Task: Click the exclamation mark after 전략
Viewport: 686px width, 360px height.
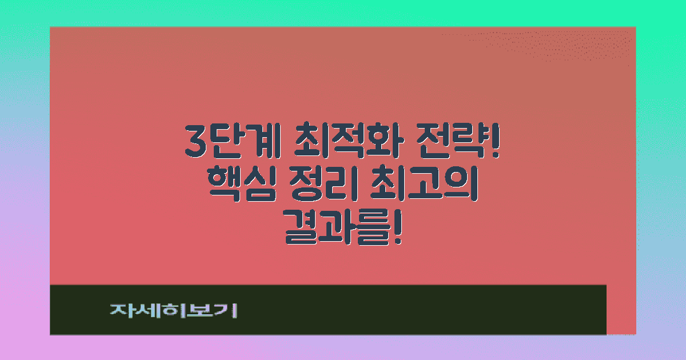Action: tap(495, 141)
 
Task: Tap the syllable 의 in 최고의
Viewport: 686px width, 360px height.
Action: tap(462, 187)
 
